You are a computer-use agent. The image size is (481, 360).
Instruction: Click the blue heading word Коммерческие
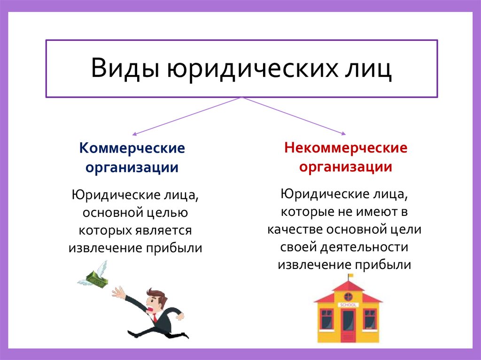click(132, 149)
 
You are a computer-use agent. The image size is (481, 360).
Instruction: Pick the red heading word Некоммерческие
click(345, 149)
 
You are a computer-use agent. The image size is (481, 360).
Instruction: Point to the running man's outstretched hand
click(117, 294)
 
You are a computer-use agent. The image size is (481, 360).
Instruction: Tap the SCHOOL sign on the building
click(348, 306)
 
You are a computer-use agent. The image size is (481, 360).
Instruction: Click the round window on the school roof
click(348, 296)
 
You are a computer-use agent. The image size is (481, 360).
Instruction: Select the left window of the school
click(326, 318)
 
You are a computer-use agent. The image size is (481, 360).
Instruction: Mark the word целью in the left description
click(166, 213)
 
